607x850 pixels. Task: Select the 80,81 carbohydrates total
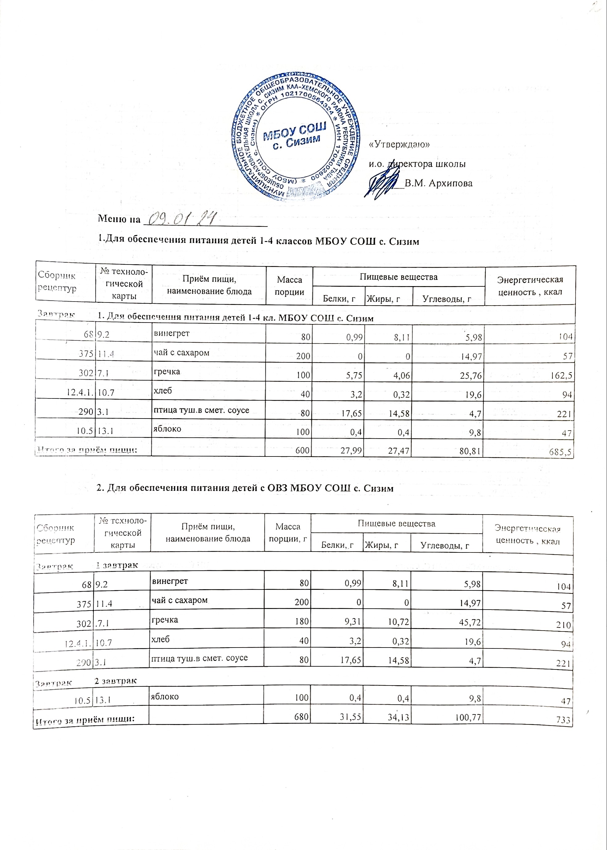[x=469, y=451]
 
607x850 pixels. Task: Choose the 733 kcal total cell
[x=564, y=720]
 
